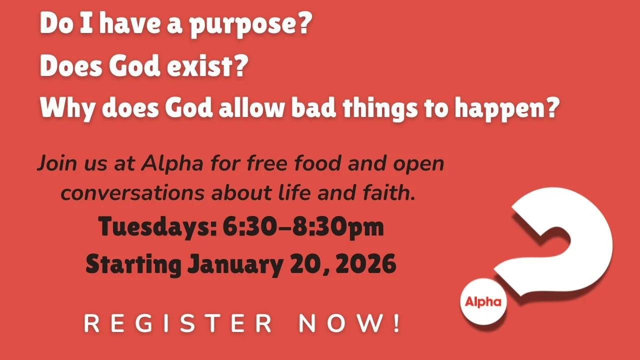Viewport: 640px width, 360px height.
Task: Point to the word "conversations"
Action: point(132,193)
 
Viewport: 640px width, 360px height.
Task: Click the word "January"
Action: point(234,264)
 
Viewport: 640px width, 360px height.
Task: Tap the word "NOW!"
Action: point(350,324)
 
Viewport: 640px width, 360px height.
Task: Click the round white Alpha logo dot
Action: point(483,301)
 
